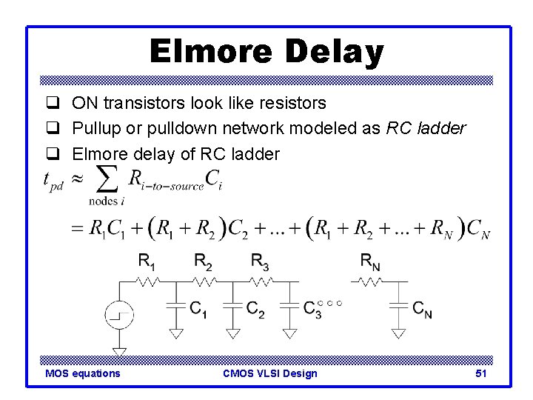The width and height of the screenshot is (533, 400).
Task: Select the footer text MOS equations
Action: (x=82, y=373)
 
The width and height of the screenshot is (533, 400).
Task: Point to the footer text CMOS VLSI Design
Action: (x=269, y=373)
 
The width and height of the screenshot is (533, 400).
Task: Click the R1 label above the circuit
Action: (x=147, y=260)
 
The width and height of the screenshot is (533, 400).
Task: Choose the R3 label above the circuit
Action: (x=260, y=260)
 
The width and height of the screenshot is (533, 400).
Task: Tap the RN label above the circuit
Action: (x=371, y=260)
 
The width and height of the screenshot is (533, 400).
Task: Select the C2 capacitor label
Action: (x=255, y=310)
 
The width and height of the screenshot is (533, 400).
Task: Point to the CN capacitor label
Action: (x=423, y=310)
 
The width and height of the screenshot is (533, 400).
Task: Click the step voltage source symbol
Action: (x=119, y=314)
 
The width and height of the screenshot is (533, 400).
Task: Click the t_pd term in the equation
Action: (x=53, y=181)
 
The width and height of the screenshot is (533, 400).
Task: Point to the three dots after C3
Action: (x=330, y=303)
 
